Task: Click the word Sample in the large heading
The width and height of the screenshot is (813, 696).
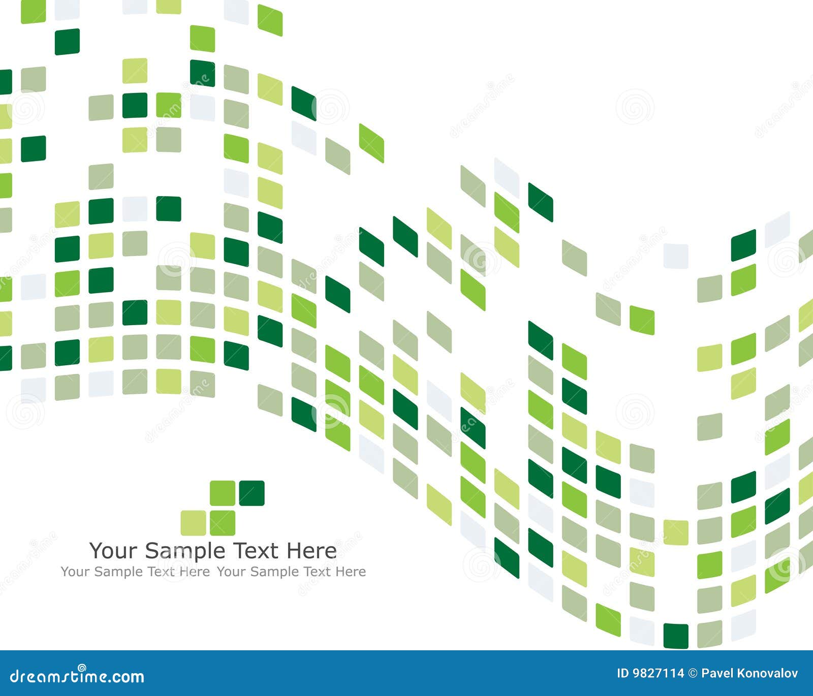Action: [185, 551]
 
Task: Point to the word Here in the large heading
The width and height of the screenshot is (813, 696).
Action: [311, 551]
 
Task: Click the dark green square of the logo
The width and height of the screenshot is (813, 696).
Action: [252, 493]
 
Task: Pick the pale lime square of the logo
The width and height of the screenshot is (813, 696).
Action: [193, 523]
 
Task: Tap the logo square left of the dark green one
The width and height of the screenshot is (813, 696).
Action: [223, 493]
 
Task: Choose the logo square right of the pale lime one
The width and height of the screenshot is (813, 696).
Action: [223, 523]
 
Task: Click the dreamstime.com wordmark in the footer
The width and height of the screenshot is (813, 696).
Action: [77, 676]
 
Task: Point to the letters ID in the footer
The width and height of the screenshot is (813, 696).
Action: [622, 674]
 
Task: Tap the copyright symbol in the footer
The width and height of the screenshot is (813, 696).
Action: [693, 674]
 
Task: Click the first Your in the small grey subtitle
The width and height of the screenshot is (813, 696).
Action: [76, 572]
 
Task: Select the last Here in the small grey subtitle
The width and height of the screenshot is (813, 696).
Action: [350, 572]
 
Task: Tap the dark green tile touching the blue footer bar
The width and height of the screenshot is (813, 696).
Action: [676, 636]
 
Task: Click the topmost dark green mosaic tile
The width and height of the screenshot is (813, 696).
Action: [67, 42]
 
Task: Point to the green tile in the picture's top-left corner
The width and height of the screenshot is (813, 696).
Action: [33, 11]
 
